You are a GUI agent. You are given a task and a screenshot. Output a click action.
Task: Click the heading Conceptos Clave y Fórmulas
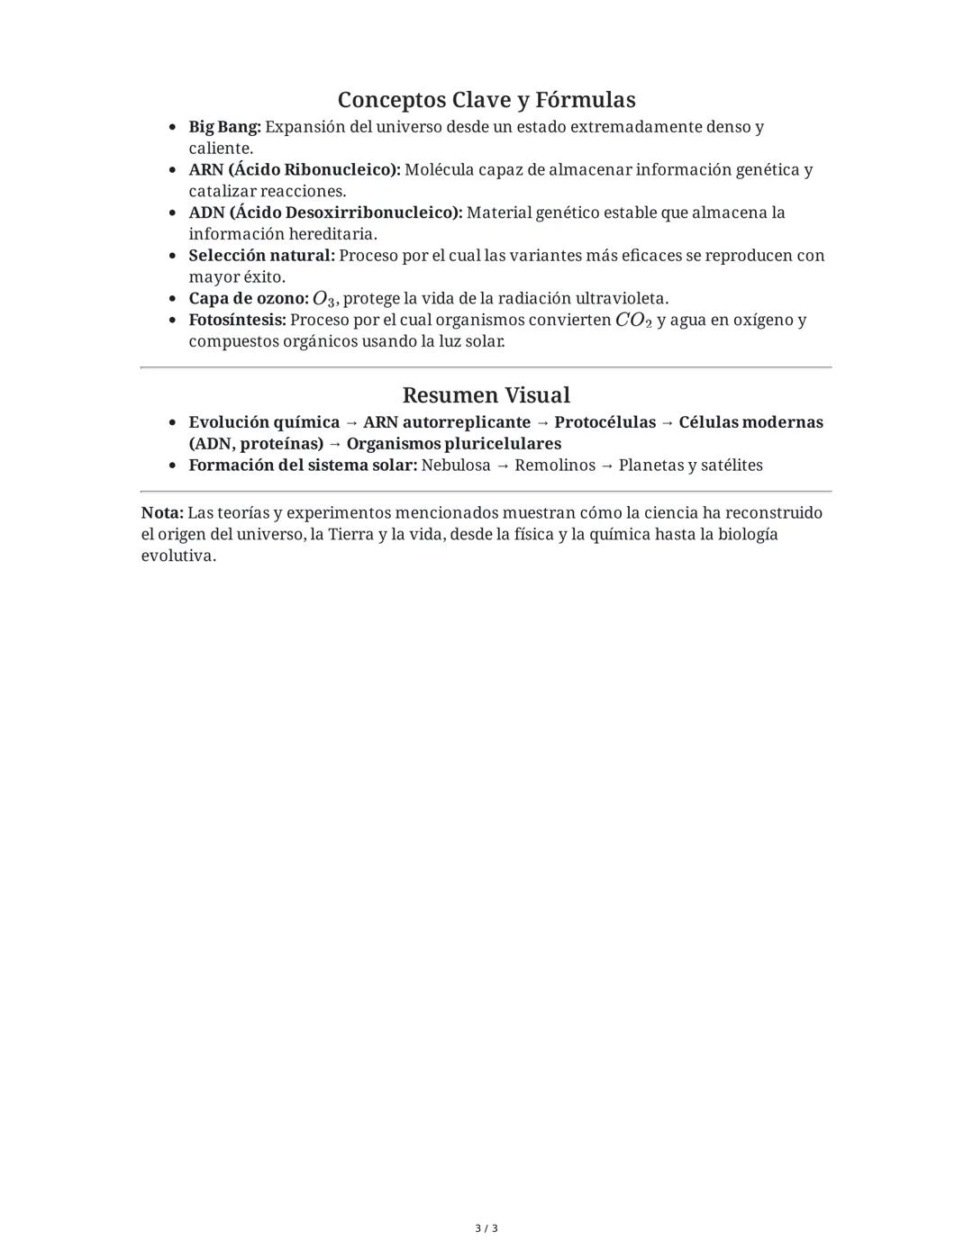486,99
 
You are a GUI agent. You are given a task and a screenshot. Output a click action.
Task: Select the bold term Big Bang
224,127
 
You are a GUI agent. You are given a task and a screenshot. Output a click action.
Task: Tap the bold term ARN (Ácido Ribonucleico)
295,170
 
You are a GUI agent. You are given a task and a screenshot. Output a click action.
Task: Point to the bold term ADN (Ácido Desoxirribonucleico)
325,213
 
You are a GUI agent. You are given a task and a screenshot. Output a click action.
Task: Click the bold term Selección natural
261,256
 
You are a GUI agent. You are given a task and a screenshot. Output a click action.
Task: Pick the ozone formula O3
323,299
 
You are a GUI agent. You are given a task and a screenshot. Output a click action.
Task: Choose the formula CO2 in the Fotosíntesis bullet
633,321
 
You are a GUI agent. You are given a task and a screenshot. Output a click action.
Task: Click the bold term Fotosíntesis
237,321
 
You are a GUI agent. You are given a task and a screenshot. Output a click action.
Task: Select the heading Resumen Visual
486,395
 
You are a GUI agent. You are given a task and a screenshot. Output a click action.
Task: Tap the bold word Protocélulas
605,422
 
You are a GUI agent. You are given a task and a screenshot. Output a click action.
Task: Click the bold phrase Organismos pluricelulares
453,444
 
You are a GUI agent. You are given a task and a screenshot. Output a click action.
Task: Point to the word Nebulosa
456,466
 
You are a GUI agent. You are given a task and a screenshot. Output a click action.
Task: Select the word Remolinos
555,466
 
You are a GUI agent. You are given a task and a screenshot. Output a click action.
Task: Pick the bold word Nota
162,513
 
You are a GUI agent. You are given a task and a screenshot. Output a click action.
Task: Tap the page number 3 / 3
486,1228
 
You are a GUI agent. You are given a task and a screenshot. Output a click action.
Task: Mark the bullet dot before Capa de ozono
173,299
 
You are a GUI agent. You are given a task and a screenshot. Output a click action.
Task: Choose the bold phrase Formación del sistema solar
303,466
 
